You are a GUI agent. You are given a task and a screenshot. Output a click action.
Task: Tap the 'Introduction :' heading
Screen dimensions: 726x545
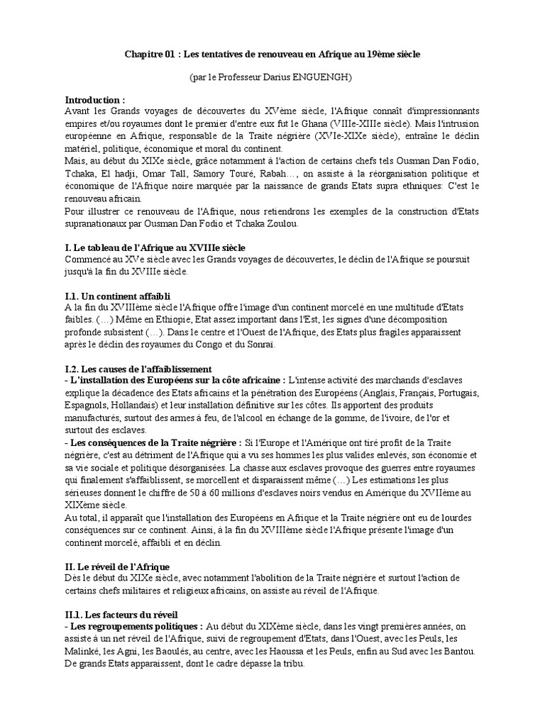point(95,100)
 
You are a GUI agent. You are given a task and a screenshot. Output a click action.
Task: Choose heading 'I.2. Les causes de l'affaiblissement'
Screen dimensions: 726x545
point(138,369)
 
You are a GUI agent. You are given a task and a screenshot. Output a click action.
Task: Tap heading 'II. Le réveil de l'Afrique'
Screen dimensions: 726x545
point(117,566)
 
